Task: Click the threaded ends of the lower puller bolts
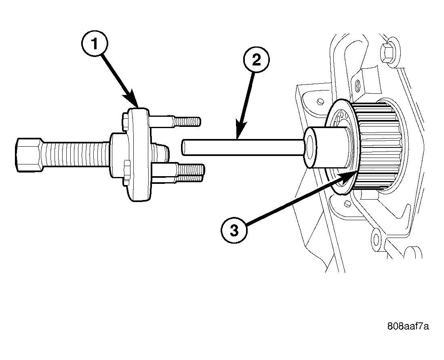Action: coord(190,173)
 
